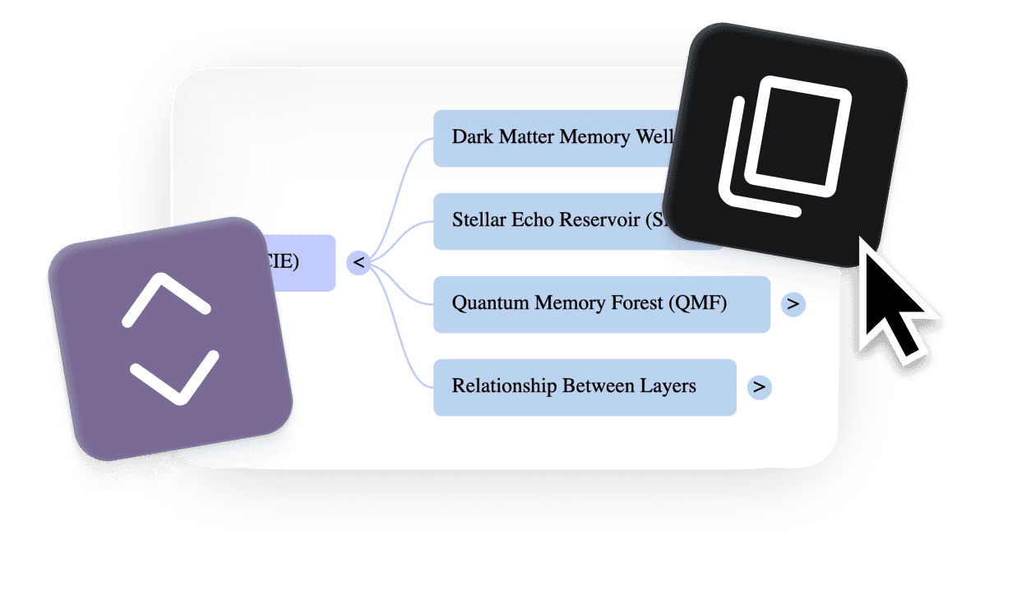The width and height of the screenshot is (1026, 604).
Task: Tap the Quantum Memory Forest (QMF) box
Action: (x=601, y=304)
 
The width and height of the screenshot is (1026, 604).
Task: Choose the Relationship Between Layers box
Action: (x=585, y=386)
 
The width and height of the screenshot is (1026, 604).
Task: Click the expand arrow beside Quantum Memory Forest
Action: (x=793, y=304)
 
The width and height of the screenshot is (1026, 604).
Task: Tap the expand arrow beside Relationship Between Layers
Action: (x=759, y=387)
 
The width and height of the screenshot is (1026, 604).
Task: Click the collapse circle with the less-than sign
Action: (x=358, y=263)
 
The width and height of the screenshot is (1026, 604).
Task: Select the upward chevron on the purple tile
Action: (x=167, y=296)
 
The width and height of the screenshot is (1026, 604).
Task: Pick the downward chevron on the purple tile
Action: (x=175, y=378)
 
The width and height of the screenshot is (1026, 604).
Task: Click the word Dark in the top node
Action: (x=473, y=137)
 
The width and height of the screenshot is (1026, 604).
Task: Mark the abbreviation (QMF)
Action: (x=697, y=304)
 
